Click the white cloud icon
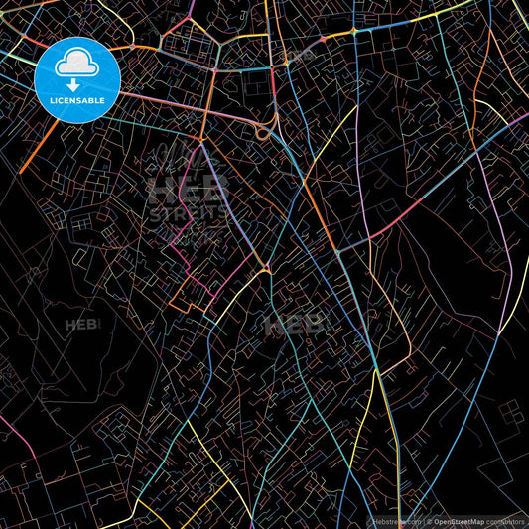click(x=76, y=66)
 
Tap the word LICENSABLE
click(x=77, y=100)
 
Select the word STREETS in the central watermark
click(x=189, y=211)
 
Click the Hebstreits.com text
click(x=396, y=520)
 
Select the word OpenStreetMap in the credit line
click(x=460, y=520)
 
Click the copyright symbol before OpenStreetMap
click(x=429, y=520)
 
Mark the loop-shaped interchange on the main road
click(x=265, y=132)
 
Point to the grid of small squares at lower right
click(x=501, y=417)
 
